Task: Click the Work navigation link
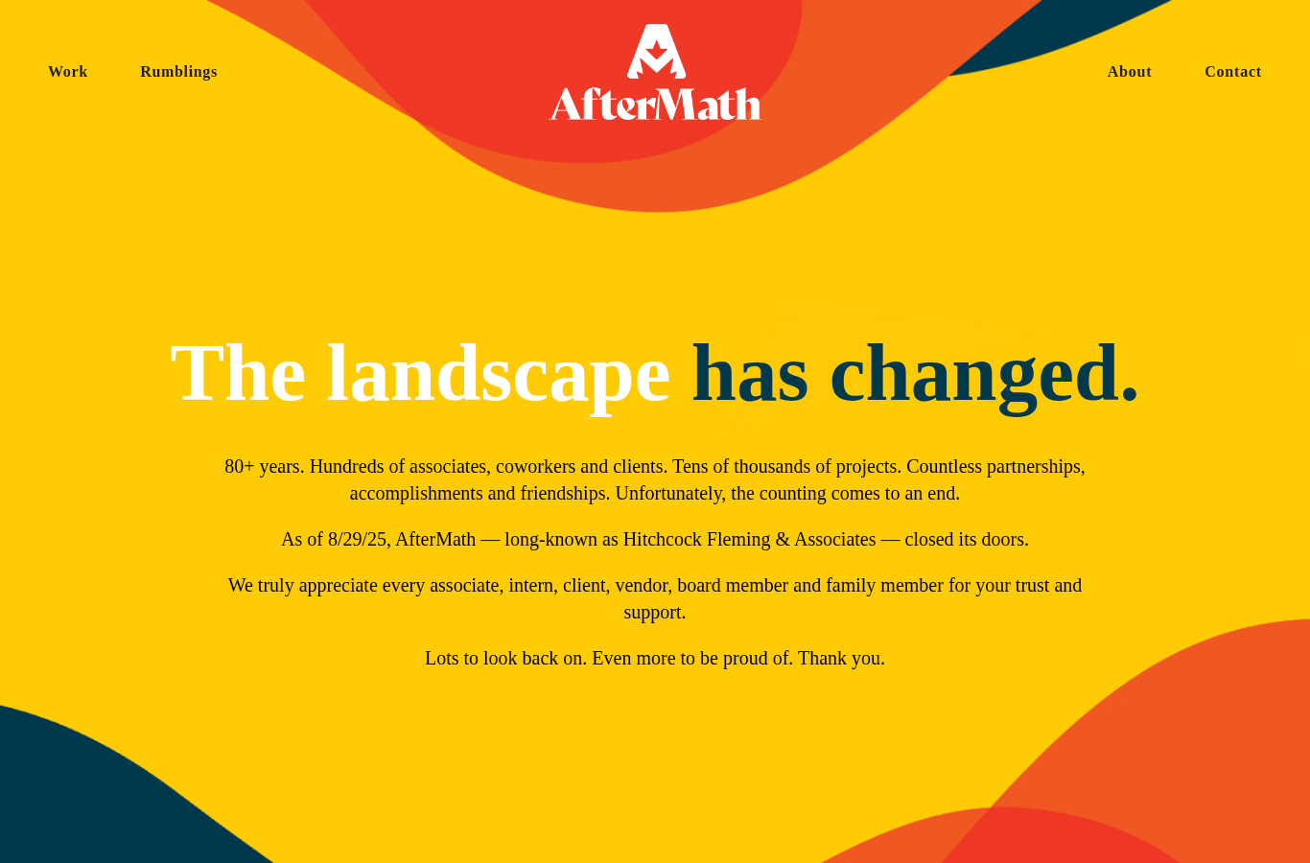[x=68, y=71]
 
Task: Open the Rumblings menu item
[x=178, y=72]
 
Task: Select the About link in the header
[x=1130, y=71]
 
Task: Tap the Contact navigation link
[x=1233, y=71]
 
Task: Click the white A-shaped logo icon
[x=656, y=51]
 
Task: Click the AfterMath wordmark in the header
[x=655, y=105]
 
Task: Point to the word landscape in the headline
[x=499, y=375]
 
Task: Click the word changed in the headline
[x=984, y=375]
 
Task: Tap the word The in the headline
[x=238, y=374]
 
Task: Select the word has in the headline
[x=750, y=374]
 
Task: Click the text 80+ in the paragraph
[x=240, y=467]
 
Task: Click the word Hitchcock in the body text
[x=662, y=539]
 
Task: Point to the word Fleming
[x=738, y=540]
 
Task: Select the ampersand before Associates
[x=782, y=539]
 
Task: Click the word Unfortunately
[x=670, y=494]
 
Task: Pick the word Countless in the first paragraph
[x=944, y=467]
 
